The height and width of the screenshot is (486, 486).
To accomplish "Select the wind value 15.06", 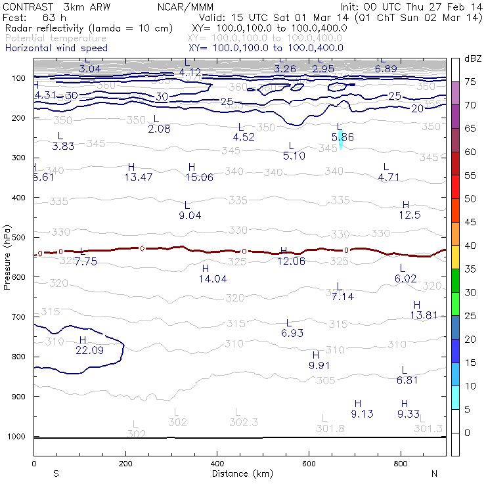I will (200, 177).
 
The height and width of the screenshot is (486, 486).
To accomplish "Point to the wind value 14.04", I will (213, 279).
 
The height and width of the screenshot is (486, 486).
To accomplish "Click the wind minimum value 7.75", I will (85, 261).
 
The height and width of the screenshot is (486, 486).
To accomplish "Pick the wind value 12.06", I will (291, 261).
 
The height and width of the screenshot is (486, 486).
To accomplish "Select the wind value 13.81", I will (424, 315).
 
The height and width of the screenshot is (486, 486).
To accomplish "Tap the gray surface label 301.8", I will (330, 428).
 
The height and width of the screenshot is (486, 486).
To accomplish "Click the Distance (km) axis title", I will (242, 474).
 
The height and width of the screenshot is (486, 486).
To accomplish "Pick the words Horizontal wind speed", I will (56, 48).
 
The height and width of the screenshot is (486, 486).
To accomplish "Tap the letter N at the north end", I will (434, 474).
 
